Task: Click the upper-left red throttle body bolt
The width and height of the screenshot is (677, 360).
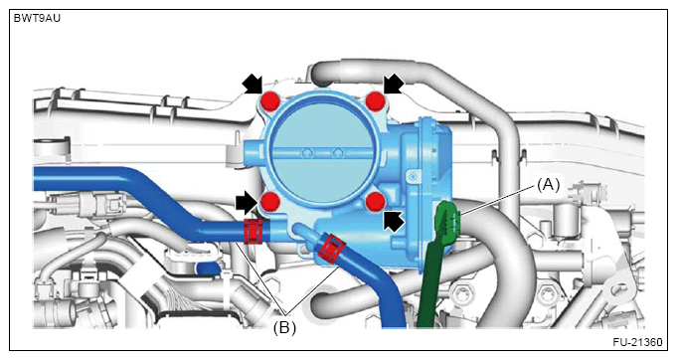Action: pyautogui.click(x=270, y=101)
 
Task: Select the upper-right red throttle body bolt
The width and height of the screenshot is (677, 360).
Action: pyautogui.click(x=375, y=101)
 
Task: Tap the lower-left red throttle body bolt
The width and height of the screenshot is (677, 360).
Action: pyautogui.click(x=269, y=202)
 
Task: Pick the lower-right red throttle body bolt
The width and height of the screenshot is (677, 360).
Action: pyautogui.click(x=375, y=202)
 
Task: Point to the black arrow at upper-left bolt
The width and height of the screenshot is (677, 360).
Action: pyautogui.click(x=253, y=84)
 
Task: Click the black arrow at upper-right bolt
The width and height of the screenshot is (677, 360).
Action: pyautogui.click(x=394, y=84)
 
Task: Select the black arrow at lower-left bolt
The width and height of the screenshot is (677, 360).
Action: pyautogui.click(x=248, y=203)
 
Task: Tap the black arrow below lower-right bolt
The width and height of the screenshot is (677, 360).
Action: pyautogui.click(x=394, y=222)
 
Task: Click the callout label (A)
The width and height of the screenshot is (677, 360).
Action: pyautogui.click(x=548, y=185)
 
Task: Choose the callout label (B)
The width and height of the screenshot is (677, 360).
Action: pyautogui.click(x=284, y=328)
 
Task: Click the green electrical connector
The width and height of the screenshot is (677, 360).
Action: pyautogui.click(x=448, y=219)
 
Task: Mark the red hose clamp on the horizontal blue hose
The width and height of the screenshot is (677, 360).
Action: pyautogui.click(x=254, y=231)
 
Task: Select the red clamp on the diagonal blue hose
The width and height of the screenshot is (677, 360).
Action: pyautogui.click(x=332, y=249)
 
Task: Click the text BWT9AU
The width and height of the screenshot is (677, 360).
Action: pyautogui.click(x=37, y=19)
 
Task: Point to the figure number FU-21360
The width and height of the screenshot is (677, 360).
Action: pyautogui.click(x=637, y=342)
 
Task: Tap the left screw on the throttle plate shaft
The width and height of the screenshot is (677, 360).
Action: pyautogui.click(x=307, y=152)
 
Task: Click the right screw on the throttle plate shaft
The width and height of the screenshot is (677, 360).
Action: pyautogui.click(x=338, y=152)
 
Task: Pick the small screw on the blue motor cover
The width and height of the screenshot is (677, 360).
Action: pyautogui.click(x=414, y=176)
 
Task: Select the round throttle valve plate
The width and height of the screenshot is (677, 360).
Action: pyautogui.click(x=323, y=152)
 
